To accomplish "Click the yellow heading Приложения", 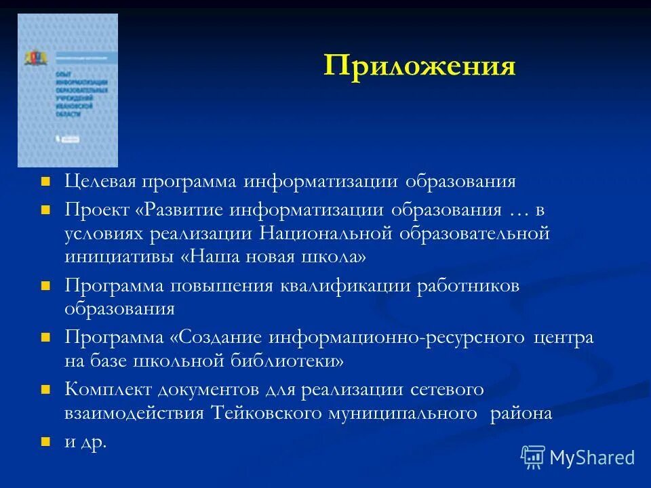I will click(x=419, y=66).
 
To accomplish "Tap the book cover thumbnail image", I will click(x=68, y=90).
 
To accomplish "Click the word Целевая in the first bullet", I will click(x=101, y=182).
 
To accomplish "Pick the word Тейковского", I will click(x=265, y=413).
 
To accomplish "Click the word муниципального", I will click(x=399, y=413).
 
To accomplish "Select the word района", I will click(x=521, y=413).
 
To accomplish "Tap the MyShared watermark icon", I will click(x=533, y=457).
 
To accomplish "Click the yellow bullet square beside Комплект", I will click(x=46, y=390).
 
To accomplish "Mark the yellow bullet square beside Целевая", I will click(x=46, y=182).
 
